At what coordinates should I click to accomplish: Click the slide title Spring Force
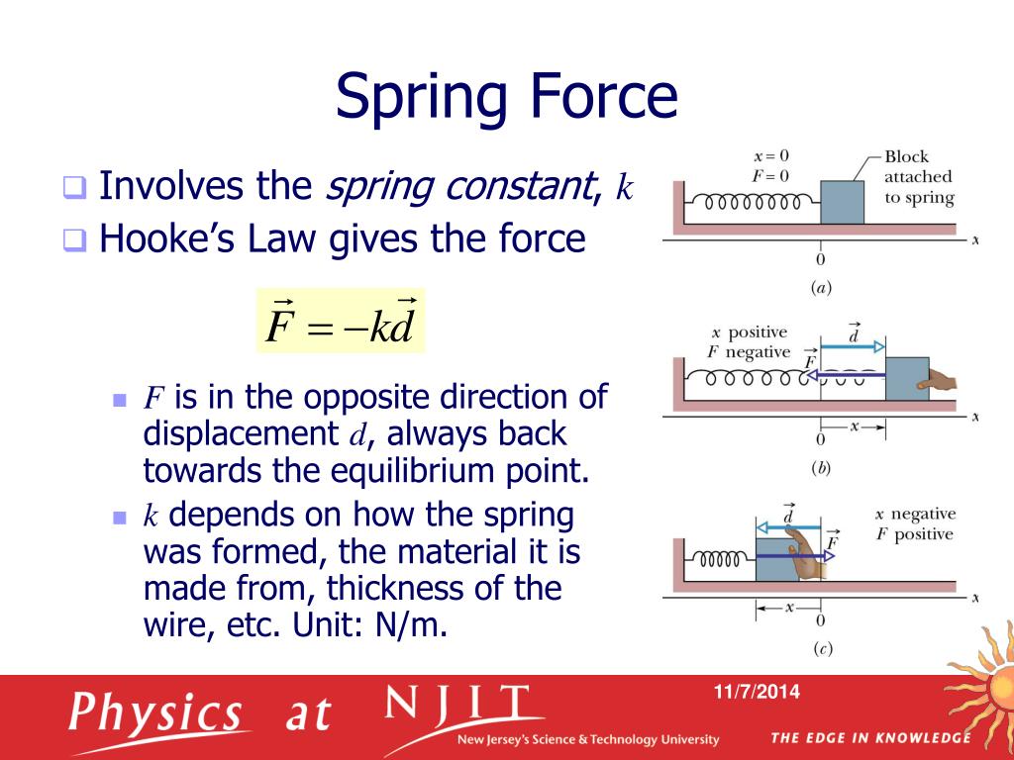tap(506, 97)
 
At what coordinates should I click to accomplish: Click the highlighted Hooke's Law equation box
tap(341, 321)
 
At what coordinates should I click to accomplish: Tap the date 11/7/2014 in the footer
tap(760, 692)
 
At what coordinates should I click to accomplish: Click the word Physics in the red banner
tap(156, 712)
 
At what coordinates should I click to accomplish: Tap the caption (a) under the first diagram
tap(820, 289)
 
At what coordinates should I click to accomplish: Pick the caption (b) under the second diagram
tap(820, 468)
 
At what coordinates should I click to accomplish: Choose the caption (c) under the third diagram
tap(820, 649)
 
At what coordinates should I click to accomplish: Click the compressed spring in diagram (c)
tap(721, 562)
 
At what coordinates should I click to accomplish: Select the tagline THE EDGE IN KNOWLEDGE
tap(869, 737)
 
